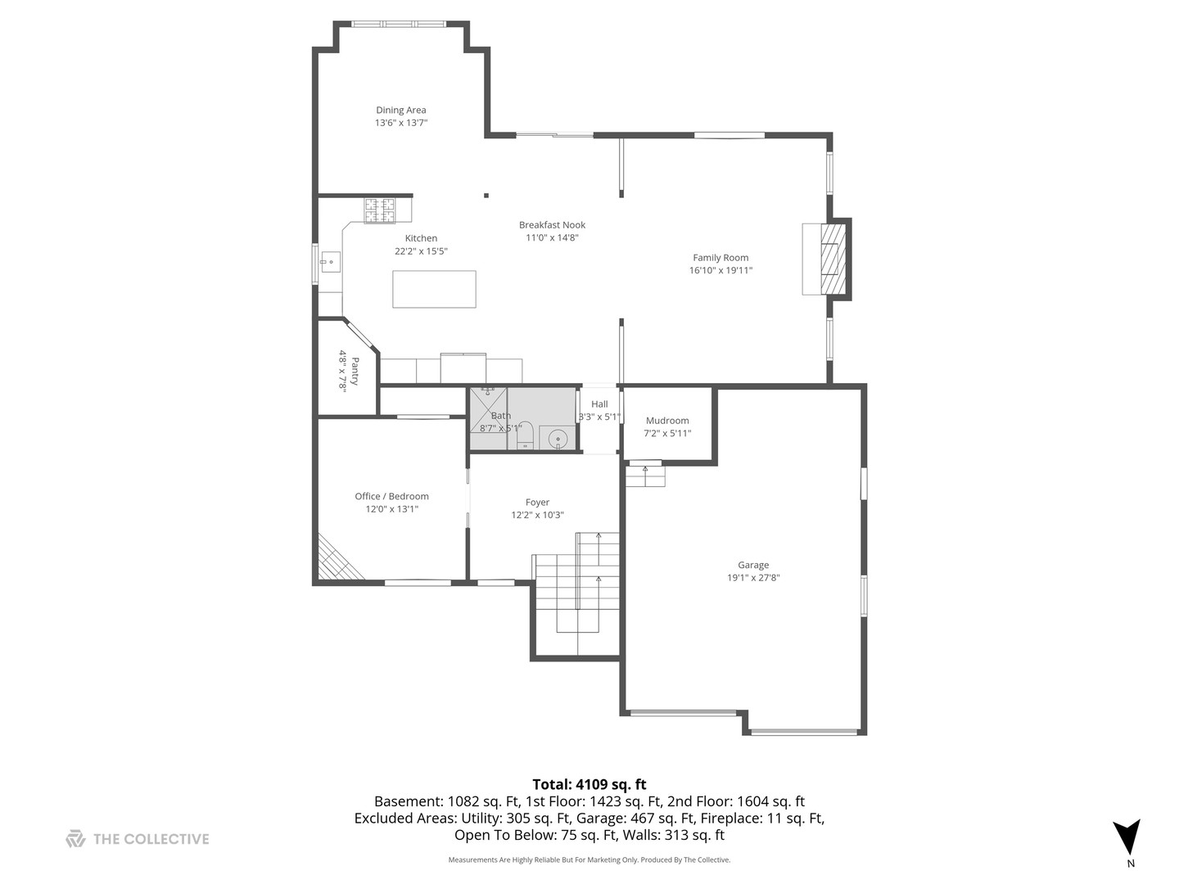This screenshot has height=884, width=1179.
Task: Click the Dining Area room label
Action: click(x=401, y=110)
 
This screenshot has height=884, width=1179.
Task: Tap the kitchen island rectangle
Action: click(x=434, y=289)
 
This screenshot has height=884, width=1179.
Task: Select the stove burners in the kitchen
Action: click(x=379, y=210)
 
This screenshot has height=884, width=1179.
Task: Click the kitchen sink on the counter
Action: click(x=330, y=263)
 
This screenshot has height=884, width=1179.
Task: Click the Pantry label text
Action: click(x=355, y=371)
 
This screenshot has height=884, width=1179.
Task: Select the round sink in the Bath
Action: click(x=558, y=439)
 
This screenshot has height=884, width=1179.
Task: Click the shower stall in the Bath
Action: click(x=487, y=418)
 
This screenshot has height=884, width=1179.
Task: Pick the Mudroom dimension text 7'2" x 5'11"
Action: click(x=667, y=433)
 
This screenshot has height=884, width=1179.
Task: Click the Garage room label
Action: click(x=753, y=565)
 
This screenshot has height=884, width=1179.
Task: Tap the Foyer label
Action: click(x=537, y=503)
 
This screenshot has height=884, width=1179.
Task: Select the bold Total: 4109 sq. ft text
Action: click(x=589, y=784)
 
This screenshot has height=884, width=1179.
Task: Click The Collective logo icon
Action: click(x=75, y=838)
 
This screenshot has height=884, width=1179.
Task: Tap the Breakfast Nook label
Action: click(x=553, y=225)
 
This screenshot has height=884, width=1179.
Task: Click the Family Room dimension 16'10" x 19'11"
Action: click(x=720, y=270)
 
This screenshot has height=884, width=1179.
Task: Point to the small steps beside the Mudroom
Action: click(x=645, y=476)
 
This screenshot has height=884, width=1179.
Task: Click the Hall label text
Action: click(x=599, y=404)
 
